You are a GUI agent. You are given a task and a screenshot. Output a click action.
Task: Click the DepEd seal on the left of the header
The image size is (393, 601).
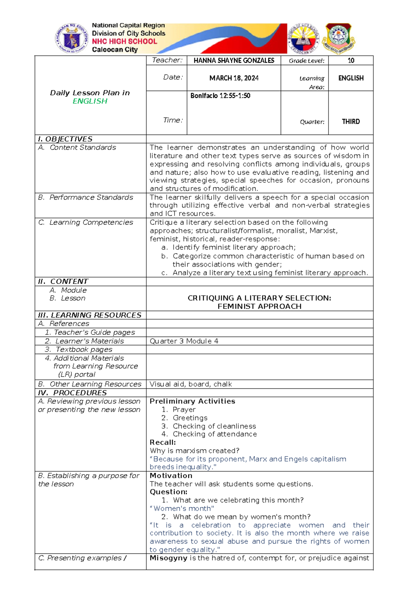coord(71,38)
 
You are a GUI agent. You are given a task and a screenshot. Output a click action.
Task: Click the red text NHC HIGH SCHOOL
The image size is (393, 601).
coord(124,42)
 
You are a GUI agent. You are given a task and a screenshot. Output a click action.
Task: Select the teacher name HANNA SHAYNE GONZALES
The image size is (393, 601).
coord(234,61)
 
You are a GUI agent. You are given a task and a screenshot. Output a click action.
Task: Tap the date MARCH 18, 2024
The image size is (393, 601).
coord(234,78)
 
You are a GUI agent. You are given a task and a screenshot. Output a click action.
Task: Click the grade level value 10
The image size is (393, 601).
coord(351,61)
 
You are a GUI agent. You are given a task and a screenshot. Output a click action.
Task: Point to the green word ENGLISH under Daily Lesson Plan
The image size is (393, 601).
coord(90,101)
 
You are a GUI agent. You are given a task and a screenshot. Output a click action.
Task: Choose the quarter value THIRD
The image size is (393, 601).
coord(351,122)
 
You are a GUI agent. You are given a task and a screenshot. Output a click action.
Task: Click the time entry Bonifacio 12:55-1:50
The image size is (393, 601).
coord(220,96)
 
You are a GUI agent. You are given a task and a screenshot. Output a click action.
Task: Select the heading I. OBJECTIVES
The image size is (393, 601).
coord(65,139)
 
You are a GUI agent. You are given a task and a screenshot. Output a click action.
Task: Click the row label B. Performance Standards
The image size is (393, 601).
coord(85,197)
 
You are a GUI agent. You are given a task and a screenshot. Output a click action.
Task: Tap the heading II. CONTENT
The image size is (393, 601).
coord(63,281)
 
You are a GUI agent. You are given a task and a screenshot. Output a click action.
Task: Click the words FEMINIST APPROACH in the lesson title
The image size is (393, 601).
coord(259,306)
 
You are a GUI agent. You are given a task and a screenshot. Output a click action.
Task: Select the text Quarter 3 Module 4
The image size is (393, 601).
coord(184,341)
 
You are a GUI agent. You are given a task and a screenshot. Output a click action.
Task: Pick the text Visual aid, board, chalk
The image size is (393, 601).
coord(191,384)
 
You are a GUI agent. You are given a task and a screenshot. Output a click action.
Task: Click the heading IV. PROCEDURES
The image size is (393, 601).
coord(72,393)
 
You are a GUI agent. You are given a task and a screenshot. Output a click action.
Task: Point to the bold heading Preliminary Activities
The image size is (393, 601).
coord(192,401)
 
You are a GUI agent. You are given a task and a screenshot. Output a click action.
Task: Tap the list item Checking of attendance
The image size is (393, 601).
coord(215,434)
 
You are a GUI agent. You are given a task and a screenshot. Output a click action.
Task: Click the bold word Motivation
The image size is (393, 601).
coord(171,476)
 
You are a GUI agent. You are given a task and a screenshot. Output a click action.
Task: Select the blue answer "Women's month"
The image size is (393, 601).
coord(182,508)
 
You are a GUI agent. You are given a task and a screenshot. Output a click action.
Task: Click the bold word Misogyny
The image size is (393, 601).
coord(168,558)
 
